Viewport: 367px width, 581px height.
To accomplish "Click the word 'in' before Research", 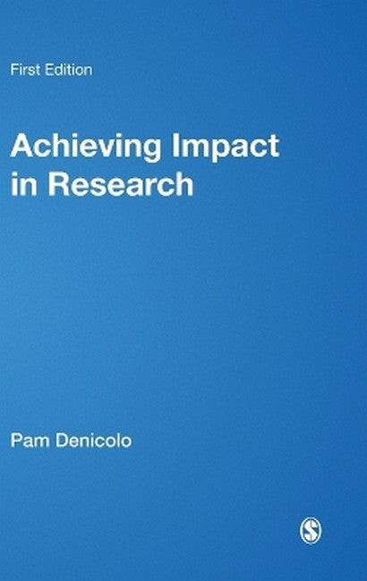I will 21,183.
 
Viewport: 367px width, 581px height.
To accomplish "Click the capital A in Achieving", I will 21,147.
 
